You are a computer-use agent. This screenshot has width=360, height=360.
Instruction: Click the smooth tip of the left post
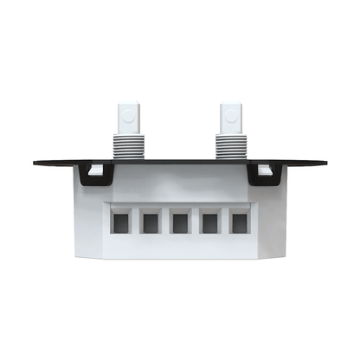tap(126, 118)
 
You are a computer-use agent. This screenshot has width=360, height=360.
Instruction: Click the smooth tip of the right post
tap(230, 118)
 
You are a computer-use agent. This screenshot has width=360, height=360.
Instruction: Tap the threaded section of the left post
tap(126, 145)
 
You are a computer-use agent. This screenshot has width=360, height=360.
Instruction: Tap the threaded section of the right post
tap(230, 145)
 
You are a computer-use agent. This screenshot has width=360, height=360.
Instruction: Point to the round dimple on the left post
tap(126, 112)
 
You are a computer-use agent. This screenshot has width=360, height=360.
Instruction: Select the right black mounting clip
tap(260, 176)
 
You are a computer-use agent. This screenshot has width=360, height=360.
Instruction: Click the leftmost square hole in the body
tap(121, 223)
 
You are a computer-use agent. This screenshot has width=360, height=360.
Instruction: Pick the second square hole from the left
tap(151, 223)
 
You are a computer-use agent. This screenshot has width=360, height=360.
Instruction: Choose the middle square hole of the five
tap(180, 223)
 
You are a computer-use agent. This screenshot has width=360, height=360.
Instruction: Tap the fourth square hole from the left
tap(209, 223)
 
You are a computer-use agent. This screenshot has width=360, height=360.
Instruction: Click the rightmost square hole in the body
tap(238, 223)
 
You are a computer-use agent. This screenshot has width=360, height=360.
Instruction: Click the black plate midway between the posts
tap(178, 162)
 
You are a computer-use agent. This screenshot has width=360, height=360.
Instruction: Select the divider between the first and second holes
tap(136, 223)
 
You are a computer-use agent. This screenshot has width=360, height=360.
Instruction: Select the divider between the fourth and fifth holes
tap(224, 223)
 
